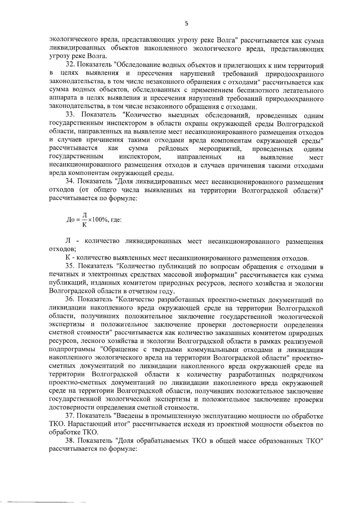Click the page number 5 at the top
pos(186,24)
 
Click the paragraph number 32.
pos(70,65)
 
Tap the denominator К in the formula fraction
pos(84,225)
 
